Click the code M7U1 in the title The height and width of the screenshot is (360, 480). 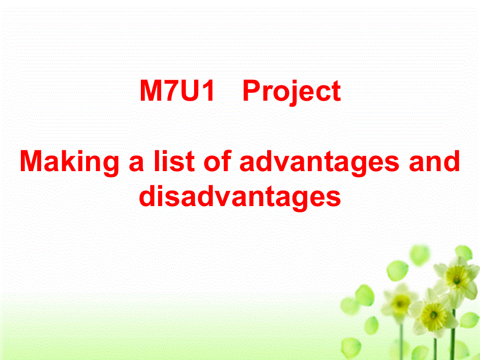[x=177, y=92]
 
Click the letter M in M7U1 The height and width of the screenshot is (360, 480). [x=150, y=92]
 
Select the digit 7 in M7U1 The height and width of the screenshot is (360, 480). [x=169, y=92]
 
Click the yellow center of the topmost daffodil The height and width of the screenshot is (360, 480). [x=457, y=279]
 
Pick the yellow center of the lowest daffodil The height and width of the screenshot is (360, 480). [x=433, y=315]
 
